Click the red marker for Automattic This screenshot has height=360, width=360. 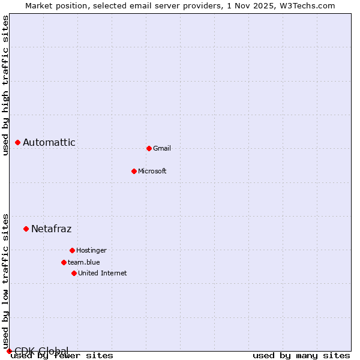coord(17,142)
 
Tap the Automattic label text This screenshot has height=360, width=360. coord(49,142)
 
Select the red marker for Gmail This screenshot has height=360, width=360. coord(149,148)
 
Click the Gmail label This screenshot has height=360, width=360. coord(162,148)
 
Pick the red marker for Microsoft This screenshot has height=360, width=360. coord(134,171)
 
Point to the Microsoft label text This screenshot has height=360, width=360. coord(152,171)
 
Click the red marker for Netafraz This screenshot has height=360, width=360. coord(26,229)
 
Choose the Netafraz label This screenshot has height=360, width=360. coord(52,229)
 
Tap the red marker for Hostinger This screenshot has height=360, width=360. coord(72,250)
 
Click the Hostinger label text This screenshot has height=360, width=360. coord(91,250)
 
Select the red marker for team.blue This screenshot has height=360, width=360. coord(64,262)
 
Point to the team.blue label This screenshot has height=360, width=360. coord(84,262)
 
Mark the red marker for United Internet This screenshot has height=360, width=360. coord(74,273)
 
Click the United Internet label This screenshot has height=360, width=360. coord(102,273)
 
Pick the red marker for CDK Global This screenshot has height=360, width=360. coord(9,351)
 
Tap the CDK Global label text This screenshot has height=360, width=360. coord(41,351)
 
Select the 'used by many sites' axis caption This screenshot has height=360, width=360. coord(301,355)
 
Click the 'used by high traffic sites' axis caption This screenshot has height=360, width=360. coord(5,85)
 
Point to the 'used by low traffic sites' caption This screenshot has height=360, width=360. coord(5,281)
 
